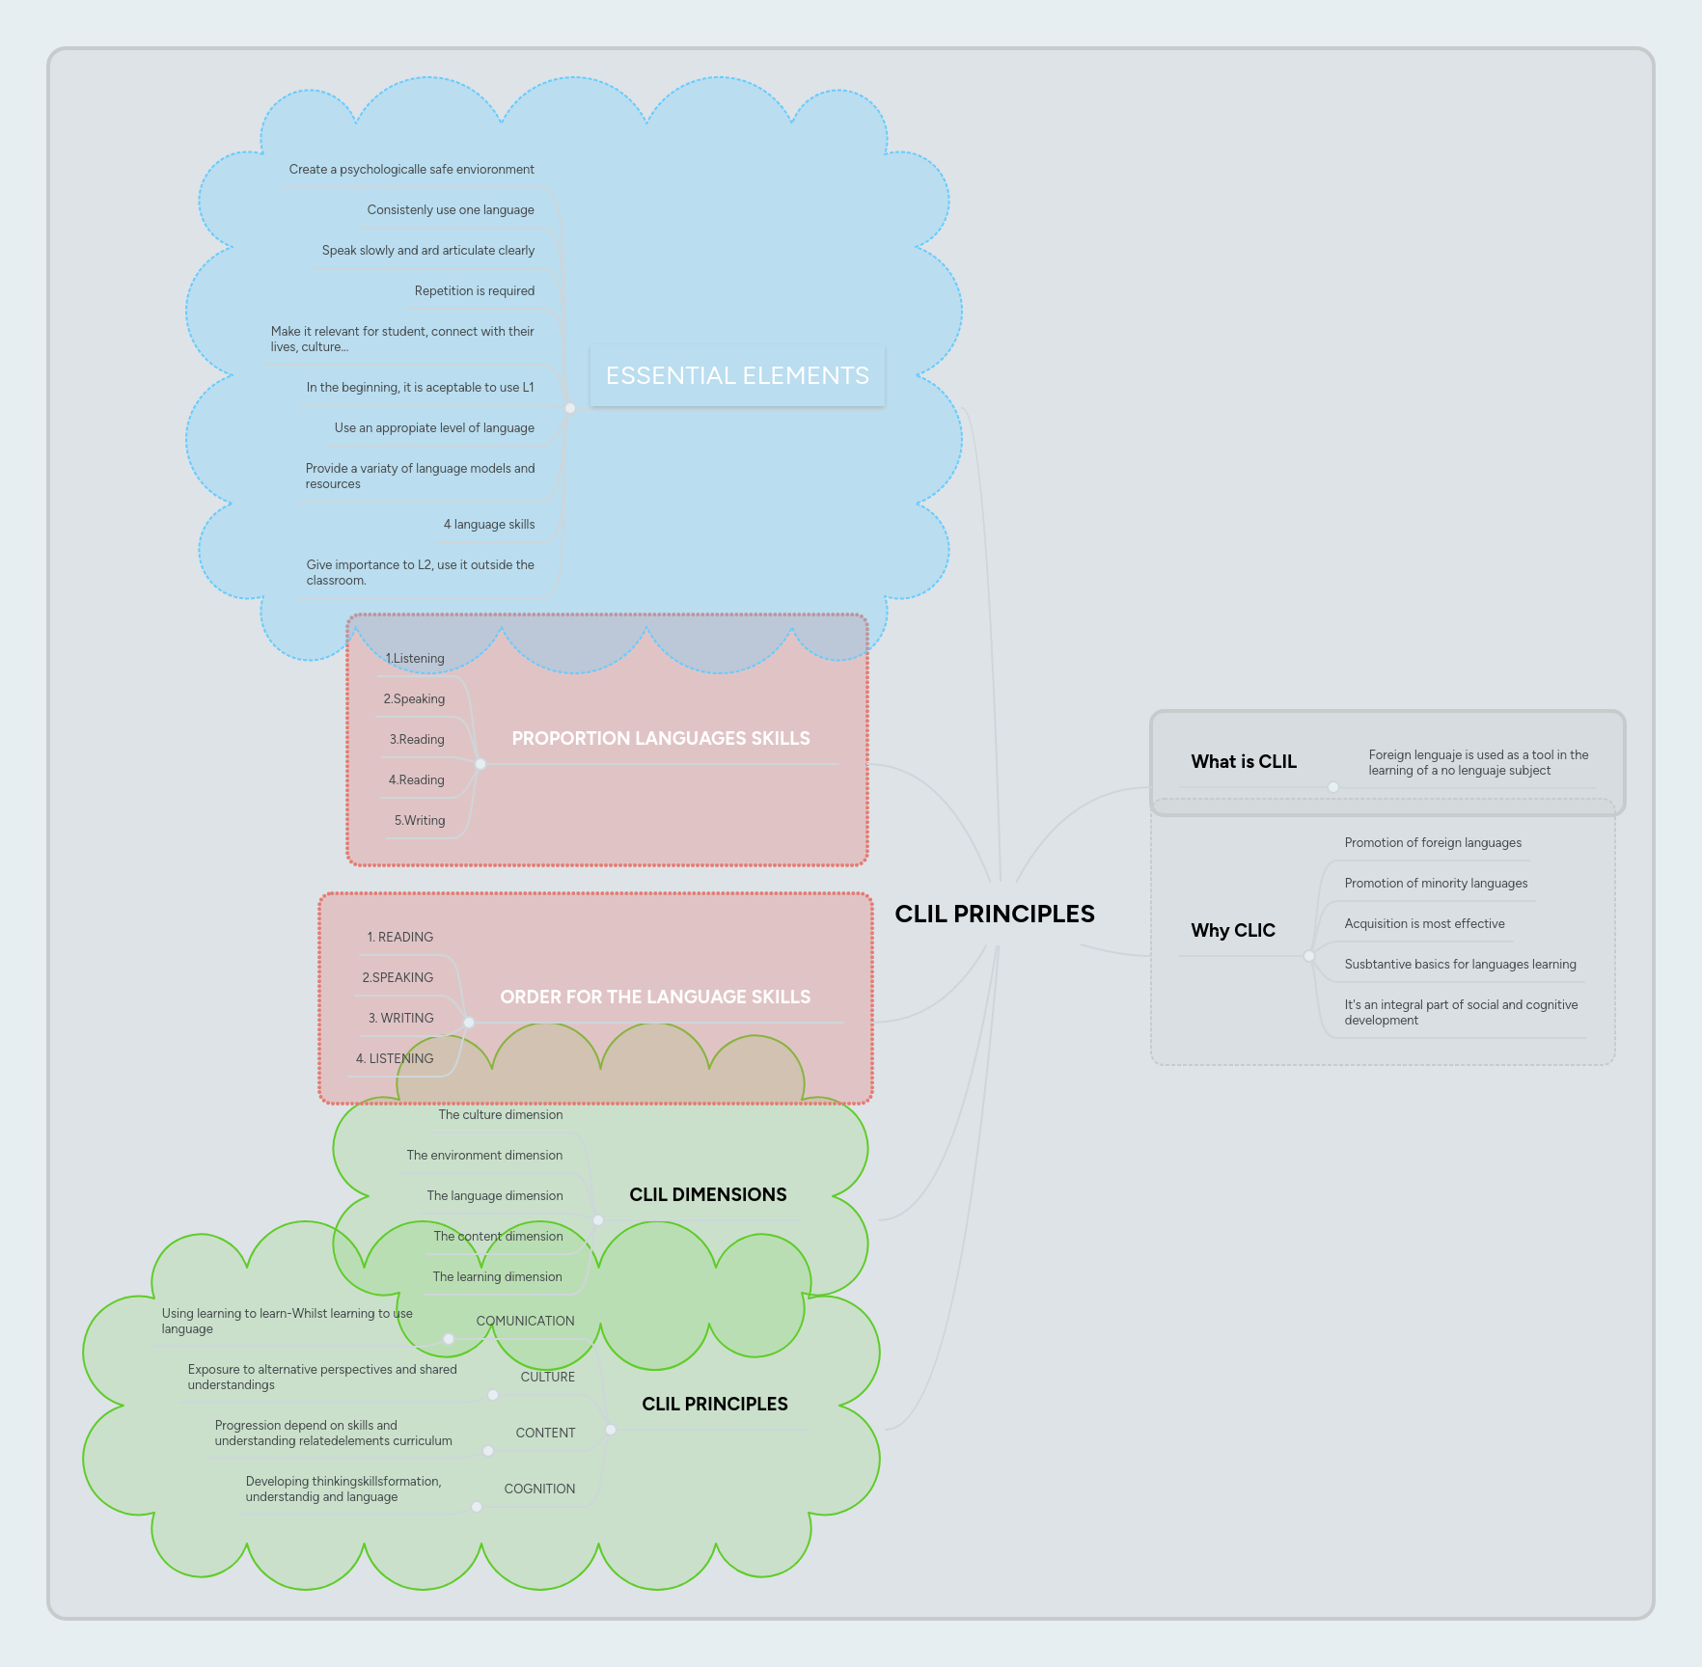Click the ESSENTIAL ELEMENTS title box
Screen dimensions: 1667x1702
[737, 375]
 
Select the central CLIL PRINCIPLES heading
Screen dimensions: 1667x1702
[995, 914]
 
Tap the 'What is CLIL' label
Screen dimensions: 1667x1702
[1243, 761]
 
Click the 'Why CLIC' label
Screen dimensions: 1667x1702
[1232, 930]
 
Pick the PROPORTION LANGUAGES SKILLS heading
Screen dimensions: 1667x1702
[660, 738]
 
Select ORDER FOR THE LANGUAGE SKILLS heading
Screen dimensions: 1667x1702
[655, 997]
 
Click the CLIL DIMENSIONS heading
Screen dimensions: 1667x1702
[707, 1194]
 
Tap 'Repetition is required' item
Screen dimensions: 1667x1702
[474, 290]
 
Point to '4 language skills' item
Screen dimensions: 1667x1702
[488, 524]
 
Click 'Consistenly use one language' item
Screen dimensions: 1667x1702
[450, 209]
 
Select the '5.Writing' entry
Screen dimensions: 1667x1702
[419, 820]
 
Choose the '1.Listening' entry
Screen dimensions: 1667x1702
[415, 658]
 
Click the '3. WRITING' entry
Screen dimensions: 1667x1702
[400, 1018]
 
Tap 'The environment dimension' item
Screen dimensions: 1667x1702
[484, 1155]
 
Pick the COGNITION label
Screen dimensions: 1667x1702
[539, 1489]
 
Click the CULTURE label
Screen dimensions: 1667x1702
[547, 1377]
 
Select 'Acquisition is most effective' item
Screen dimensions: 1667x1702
[1424, 923]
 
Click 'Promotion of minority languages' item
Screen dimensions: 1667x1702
[1436, 883]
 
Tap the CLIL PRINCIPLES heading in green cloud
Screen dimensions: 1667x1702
[714, 1404]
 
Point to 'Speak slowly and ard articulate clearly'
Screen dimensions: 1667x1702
[427, 250]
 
